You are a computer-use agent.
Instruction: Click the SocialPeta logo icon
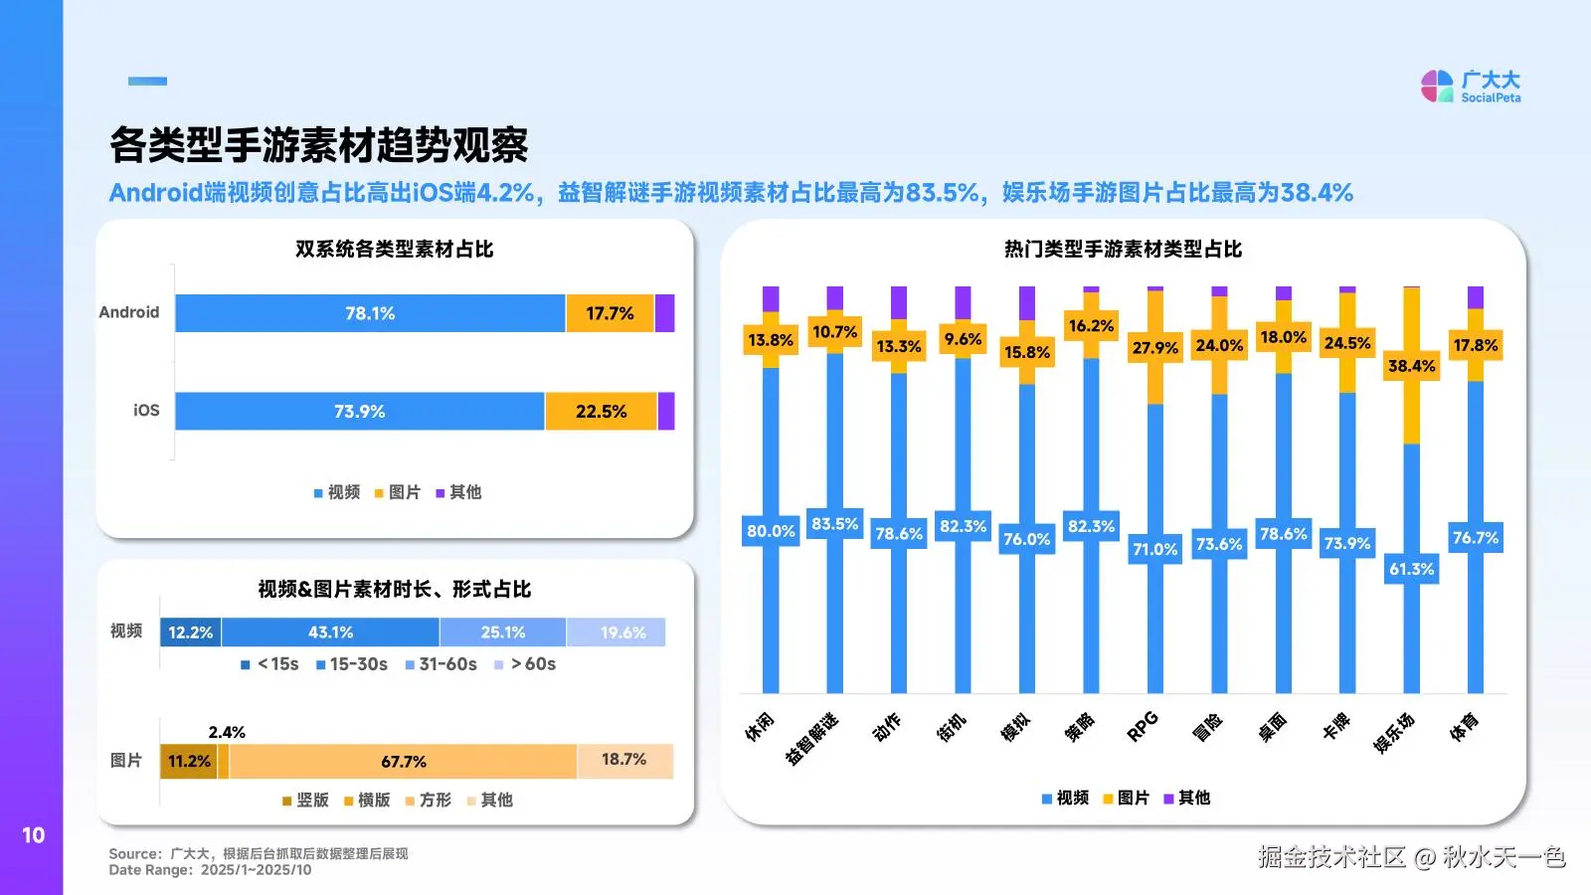1437,86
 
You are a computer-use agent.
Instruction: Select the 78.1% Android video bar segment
370,313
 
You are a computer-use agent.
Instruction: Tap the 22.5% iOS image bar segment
601,412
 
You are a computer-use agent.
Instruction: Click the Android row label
129,312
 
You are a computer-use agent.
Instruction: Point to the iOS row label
146,410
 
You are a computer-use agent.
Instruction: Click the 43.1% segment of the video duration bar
330,632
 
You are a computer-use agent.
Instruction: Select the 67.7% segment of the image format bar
404,762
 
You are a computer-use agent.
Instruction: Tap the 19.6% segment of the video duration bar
622,632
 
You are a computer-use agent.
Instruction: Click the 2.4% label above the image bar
227,732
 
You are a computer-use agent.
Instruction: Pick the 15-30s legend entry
352,664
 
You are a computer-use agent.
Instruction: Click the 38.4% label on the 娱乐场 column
1411,366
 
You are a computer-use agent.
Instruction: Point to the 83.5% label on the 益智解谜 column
834,524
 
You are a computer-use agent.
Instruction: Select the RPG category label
1143,726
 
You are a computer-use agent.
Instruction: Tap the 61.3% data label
1411,569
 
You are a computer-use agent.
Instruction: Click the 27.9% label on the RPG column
1154,348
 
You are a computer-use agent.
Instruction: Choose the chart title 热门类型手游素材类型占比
1123,249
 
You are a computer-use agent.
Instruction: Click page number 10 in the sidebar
33,835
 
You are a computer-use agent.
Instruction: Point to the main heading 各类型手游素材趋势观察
318,145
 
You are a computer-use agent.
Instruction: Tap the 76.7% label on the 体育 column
1475,538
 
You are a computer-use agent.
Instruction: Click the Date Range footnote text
210,870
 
